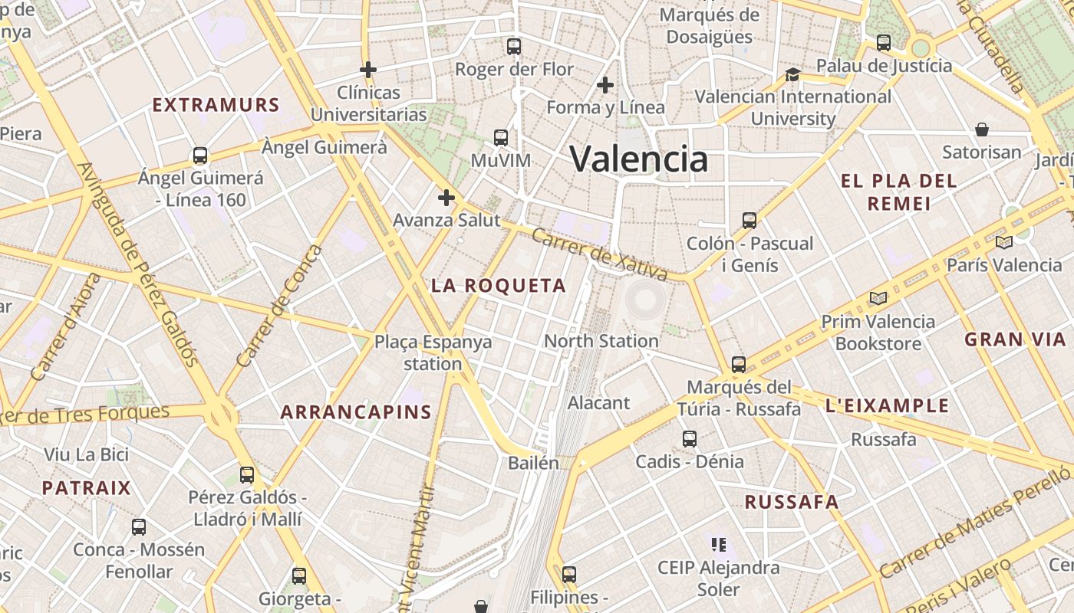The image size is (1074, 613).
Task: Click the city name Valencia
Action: click(638, 159)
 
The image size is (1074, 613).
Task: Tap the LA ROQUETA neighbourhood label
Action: click(498, 286)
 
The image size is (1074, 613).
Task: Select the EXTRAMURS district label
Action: click(216, 105)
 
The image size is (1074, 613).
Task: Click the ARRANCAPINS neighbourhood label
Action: click(356, 412)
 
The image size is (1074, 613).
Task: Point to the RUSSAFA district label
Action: click(792, 502)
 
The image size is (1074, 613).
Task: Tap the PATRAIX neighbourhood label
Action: click(86, 488)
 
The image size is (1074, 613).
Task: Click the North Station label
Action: click(601, 341)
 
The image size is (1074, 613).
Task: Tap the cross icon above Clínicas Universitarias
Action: click(368, 70)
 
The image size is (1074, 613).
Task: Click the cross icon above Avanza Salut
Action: click(446, 198)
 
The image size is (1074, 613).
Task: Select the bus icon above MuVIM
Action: click(501, 138)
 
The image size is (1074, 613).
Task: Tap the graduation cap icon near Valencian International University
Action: click(792, 74)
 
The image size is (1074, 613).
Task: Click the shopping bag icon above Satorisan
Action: click(981, 129)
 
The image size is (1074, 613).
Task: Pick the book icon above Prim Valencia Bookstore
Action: click(878, 298)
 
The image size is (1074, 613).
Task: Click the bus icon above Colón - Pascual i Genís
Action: click(749, 221)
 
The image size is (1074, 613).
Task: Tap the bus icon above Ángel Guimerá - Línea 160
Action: click(200, 156)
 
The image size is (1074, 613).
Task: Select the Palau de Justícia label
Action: click(884, 66)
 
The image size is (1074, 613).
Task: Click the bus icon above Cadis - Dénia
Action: click(690, 439)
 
